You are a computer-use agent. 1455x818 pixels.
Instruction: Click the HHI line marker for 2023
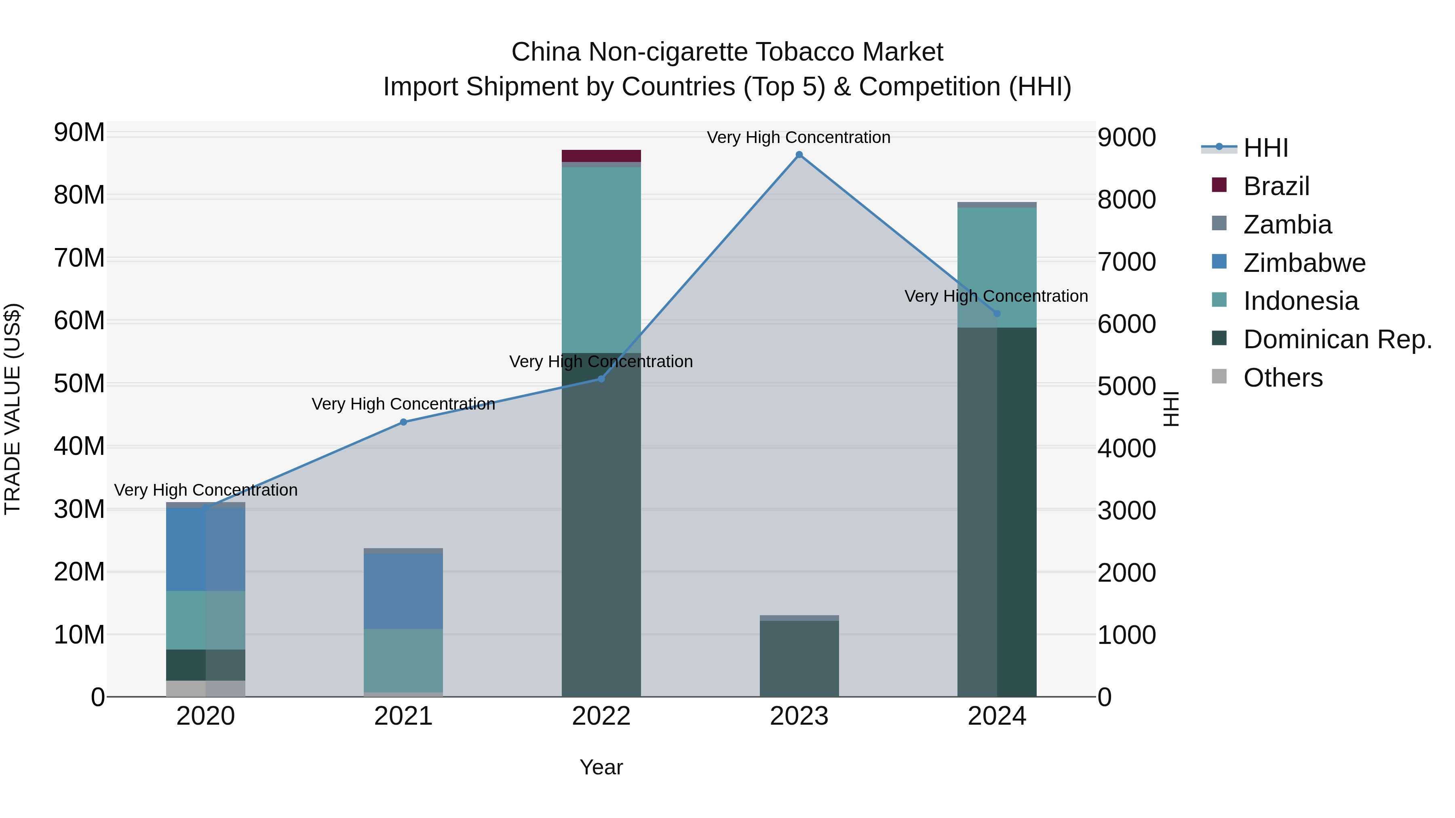(799, 155)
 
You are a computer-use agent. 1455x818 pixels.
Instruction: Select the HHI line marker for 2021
(403, 422)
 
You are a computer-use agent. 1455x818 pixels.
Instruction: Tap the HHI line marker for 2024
(997, 314)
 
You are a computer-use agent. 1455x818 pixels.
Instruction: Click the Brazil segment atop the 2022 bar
(601, 156)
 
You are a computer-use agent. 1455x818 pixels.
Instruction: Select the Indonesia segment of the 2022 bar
(601, 260)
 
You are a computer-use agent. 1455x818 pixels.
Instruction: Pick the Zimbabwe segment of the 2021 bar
(403, 591)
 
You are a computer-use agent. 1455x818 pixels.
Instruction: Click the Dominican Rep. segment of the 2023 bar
(799, 658)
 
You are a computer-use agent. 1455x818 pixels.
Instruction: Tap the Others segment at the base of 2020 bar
(206, 689)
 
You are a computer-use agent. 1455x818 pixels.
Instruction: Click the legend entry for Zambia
(1287, 225)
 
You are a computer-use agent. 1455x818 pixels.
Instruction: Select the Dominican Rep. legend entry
(1337, 339)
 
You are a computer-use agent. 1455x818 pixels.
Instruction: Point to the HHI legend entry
(1265, 148)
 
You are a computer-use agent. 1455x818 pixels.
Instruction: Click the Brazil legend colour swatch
(1219, 185)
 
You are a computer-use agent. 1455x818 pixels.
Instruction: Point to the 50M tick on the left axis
(79, 384)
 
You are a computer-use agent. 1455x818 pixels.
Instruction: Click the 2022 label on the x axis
(601, 716)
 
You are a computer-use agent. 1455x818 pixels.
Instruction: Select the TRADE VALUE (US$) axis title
(13, 409)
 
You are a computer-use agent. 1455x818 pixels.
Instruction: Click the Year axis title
(601, 767)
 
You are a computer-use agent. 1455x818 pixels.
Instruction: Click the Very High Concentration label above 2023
(799, 137)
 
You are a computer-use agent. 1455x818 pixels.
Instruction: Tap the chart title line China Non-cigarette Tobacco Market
(727, 52)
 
